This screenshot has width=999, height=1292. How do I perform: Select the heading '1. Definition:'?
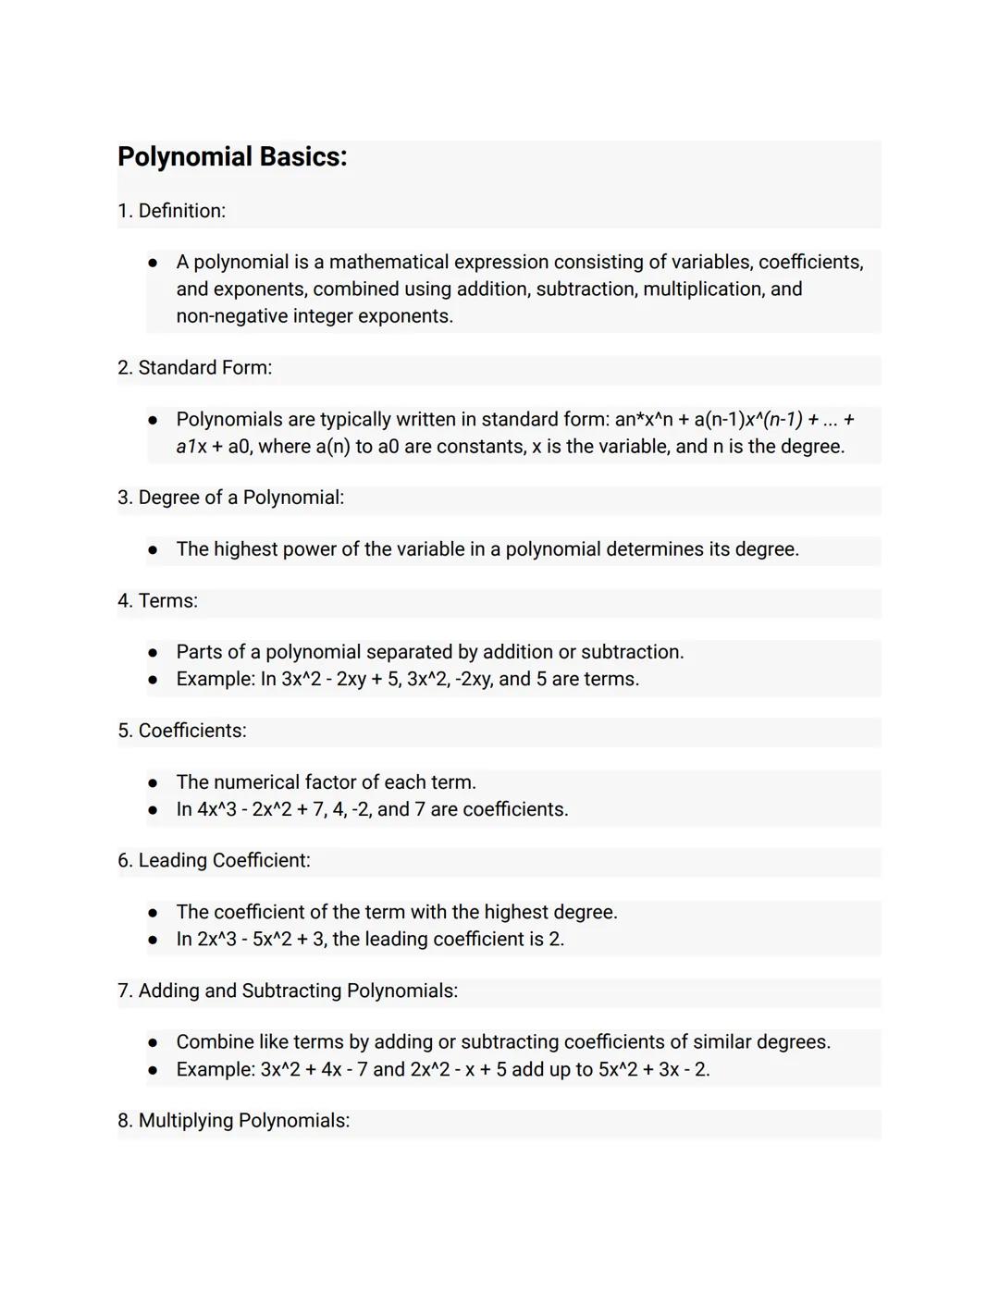(x=171, y=211)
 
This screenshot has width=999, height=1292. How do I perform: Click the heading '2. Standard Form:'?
(x=194, y=368)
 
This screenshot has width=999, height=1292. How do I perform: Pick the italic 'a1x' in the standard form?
(x=191, y=447)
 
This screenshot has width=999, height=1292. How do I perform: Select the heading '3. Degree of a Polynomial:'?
(x=230, y=498)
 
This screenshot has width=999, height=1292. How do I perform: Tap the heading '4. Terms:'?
(x=157, y=601)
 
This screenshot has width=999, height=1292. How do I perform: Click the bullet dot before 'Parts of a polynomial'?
(x=153, y=653)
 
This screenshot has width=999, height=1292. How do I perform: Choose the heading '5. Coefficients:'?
(x=181, y=731)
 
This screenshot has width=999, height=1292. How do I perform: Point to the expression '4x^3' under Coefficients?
(x=216, y=809)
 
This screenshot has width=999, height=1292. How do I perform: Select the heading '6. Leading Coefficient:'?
(x=214, y=861)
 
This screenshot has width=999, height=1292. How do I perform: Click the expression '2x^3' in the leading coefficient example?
(x=216, y=940)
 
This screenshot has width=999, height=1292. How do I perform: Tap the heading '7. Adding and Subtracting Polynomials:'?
(x=287, y=991)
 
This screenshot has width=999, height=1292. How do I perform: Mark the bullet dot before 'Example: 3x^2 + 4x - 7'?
(x=153, y=1070)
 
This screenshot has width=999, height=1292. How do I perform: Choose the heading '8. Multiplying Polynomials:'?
(x=233, y=1121)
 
